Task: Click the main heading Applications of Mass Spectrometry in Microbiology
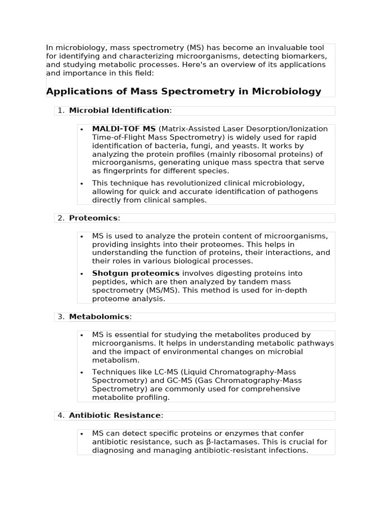184,91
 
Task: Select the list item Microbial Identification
119,110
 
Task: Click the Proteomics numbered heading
93,218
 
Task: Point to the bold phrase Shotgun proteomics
135,273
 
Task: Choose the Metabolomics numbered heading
99,317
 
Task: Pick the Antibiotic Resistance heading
115,415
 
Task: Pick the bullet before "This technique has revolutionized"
81,184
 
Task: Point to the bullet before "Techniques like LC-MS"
81,372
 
